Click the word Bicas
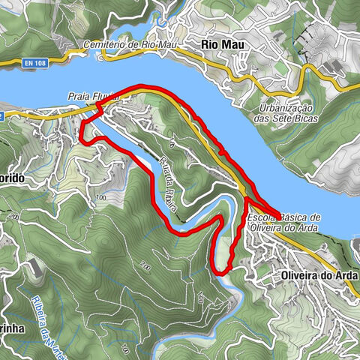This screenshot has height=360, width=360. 307,118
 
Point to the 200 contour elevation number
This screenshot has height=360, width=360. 145,265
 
